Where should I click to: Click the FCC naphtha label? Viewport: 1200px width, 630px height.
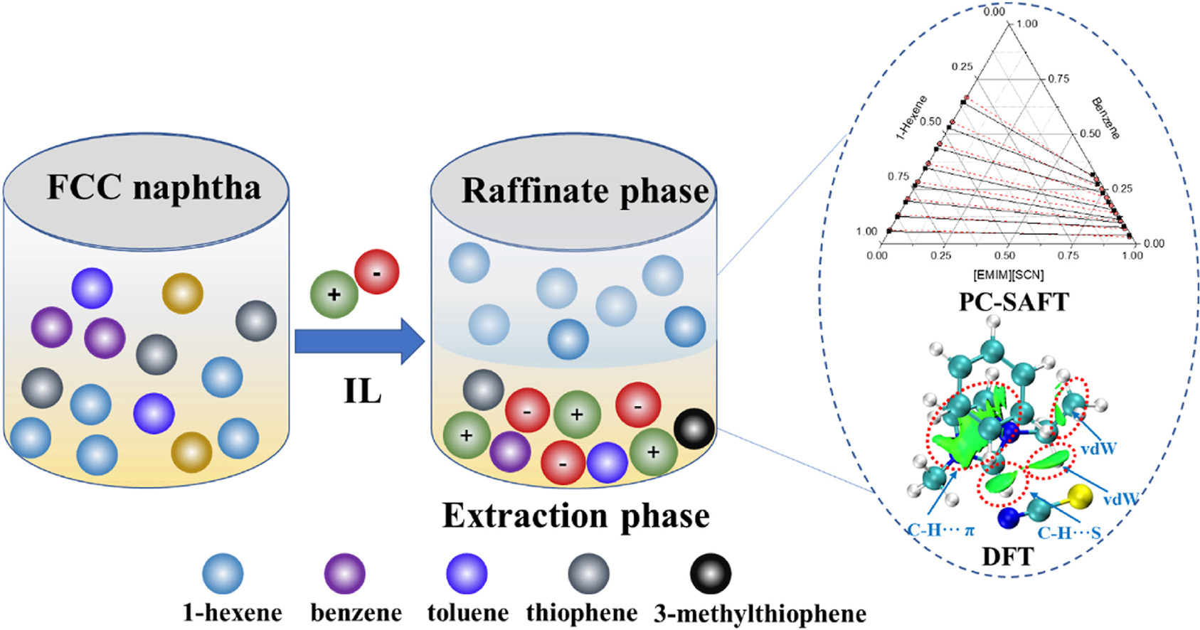coord(154,188)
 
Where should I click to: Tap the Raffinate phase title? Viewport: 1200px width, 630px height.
coord(585,191)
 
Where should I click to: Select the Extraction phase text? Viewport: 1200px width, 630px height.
coord(575,516)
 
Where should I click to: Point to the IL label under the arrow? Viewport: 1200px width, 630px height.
coord(362,390)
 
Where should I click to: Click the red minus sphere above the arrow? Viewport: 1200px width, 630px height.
coord(376,272)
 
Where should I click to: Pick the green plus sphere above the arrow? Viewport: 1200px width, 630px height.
coord(334,294)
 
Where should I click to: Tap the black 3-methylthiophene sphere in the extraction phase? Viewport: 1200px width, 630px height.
coord(694,428)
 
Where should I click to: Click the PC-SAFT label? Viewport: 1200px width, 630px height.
coord(1013,302)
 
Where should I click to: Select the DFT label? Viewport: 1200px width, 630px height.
coord(1007,556)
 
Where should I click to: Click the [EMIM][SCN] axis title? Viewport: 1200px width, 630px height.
coord(1008,274)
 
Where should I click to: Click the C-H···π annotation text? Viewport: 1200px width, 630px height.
coord(940,530)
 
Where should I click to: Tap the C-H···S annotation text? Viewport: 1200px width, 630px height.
coord(1068,533)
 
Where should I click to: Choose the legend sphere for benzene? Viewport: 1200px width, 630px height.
coord(344,573)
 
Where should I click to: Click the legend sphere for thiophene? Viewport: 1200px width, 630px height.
coord(588,573)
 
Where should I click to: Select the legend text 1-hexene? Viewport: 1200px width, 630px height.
coord(232,612)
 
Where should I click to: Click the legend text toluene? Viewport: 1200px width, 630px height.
coord(467,612)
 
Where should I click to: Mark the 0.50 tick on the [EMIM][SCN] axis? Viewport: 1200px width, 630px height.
coord(1004,255)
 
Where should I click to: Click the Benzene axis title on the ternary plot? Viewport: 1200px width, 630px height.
coord(1105,118)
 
